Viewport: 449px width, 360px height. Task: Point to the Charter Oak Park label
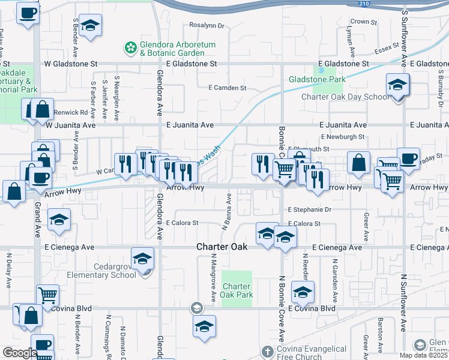pos(237,290)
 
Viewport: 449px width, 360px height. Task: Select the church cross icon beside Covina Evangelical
pos(268,350)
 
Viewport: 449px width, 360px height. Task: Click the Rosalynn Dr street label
pos(206,26)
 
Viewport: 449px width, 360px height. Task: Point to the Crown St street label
pos(363,22)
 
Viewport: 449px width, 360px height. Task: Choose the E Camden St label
pos(228,88)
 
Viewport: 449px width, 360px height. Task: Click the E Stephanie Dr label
pos(309,210)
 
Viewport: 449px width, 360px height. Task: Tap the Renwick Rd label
pos(70,112)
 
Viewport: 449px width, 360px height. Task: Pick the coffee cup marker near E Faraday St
pos(408,159)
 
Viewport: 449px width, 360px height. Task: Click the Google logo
pos(20,352)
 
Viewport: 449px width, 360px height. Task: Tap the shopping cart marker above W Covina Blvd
pos(47,295)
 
